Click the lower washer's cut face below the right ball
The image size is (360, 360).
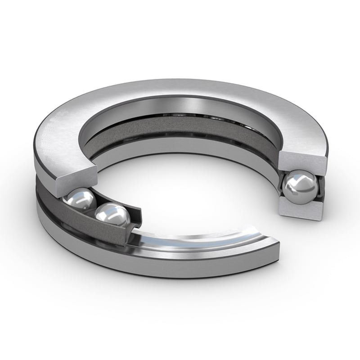tap(301, 210)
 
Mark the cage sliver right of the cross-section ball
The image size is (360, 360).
tap(320, 187)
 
